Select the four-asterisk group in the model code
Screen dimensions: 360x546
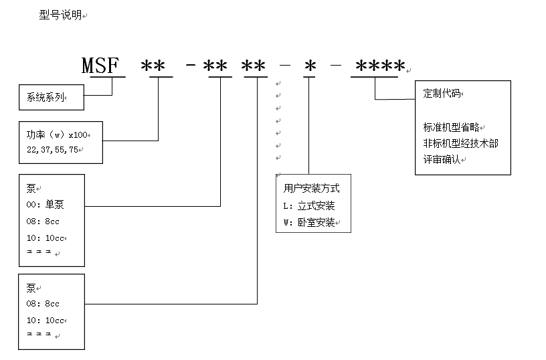click(x=380, y=66)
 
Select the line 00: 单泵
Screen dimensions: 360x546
click(x=45, y=205)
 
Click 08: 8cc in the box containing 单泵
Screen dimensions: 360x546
click(x=43, y=221)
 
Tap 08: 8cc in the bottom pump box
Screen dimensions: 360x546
click(x=43, y=304)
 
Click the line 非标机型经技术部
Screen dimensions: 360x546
click(x=460, y=143)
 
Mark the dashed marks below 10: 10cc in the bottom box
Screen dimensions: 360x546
click(x=39, y=333)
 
